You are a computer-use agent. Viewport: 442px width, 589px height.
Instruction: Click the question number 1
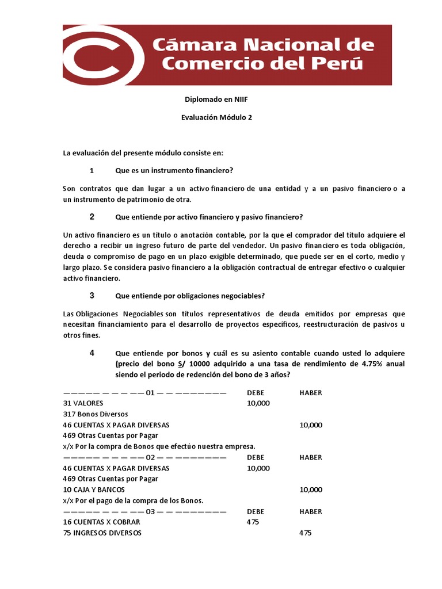(92, 170)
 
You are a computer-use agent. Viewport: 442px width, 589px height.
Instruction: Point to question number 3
(92, 296)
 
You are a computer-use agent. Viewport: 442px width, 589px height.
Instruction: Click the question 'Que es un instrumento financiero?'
(174, 170)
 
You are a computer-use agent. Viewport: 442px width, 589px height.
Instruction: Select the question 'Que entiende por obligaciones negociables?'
(190, 296)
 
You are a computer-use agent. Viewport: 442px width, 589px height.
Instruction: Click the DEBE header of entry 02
(256, 457)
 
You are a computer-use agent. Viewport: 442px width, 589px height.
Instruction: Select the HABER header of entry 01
(311, 393)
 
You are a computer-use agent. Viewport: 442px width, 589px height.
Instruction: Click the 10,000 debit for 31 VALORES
(258, 403)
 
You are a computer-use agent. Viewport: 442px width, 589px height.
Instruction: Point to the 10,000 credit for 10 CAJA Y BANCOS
(311, 489)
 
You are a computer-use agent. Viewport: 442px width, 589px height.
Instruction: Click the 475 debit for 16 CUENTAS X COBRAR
(253, 522)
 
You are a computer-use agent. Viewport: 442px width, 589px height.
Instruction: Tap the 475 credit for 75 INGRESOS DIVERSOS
(306, 533)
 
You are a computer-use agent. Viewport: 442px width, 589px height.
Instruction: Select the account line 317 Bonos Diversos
(96, 414)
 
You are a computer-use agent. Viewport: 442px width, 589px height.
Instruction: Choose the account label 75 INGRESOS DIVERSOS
(102, 533)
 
